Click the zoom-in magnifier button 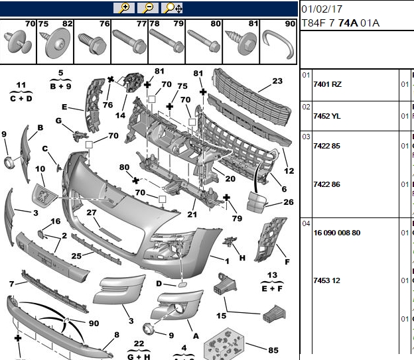[124, 8]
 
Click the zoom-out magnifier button [148, 8]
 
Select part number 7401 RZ [327, 84]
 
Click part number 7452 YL [327, 116]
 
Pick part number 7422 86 [326, 184]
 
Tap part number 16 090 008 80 [337, 233]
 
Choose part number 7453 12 [326, 280]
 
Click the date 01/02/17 [322, 9]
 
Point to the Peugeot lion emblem [44, 195]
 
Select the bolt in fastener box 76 [92, 44]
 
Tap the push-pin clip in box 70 [18, 42]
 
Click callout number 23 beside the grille [277, 81]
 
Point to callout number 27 [92, 212]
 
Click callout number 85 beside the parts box [273, 350]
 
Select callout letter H [242, 258]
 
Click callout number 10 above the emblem [40, 168]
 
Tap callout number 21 [192, 214]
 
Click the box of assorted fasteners [224, 343]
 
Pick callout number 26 [289, 202]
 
